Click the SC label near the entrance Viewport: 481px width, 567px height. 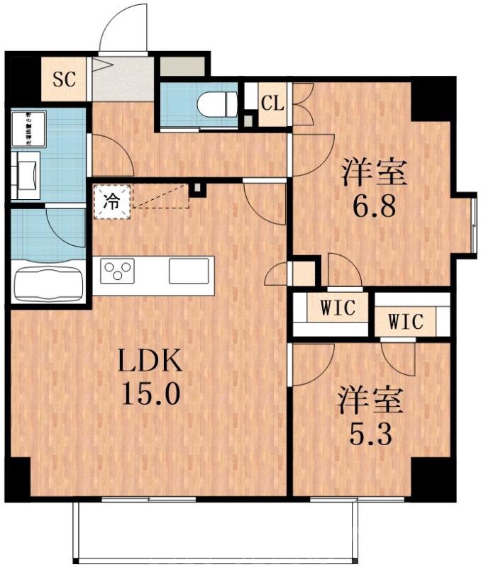click(x=65, y=79)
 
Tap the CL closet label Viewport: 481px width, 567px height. click(x=272, y=103)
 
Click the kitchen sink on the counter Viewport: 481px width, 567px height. click(x=189, y=271)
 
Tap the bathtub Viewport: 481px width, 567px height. click(x=48, y=283)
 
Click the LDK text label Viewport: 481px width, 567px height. click(x=150, y=362)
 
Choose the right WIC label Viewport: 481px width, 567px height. click(x=406, y=321)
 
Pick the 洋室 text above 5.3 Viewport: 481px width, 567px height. click(x=370, y=400)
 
